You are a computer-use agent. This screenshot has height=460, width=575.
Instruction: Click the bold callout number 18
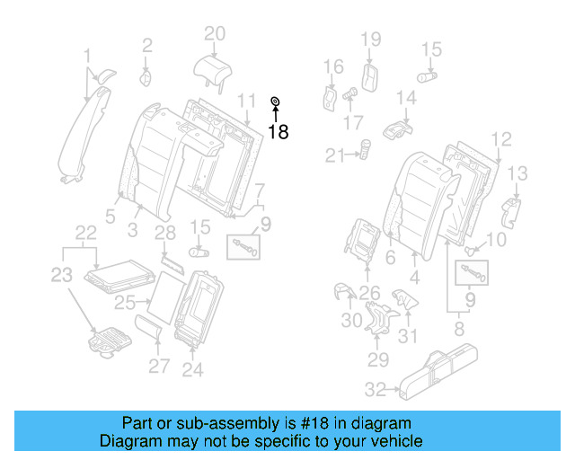pos(279,132)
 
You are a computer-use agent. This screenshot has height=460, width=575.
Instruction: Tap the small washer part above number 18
pos(276,101)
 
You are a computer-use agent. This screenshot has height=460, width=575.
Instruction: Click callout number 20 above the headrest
pos(214,34)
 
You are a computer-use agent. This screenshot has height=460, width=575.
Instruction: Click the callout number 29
pos(377,360)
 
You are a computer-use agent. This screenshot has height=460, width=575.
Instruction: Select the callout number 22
pos(85,233)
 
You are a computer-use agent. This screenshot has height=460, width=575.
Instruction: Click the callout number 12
pos(501,138)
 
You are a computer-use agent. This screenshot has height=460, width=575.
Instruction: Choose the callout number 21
pos(336,156)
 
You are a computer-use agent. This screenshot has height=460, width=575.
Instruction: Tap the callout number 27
pos(158,366)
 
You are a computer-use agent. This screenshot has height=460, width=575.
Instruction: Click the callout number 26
pos(369,291)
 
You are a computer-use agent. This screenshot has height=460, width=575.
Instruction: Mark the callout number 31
pos(409,336)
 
